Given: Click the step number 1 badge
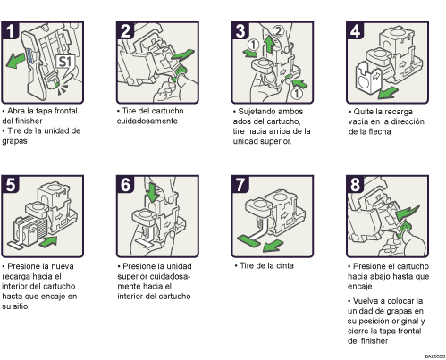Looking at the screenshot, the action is [10, 30].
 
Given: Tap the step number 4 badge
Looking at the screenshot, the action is [355, 30].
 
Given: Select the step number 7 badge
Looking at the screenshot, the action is [240, 185].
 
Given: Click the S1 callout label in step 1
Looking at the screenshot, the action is [65, 62].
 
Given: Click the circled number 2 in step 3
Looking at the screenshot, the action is [278, 31].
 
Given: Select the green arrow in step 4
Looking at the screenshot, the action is [388, 93].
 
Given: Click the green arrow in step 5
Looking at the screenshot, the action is [48, 241].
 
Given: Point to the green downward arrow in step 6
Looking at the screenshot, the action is [153, 192].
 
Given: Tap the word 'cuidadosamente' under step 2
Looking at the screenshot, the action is [147, 121].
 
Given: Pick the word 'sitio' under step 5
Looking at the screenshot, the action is [20, 306].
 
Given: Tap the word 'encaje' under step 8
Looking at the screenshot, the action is [359, 286].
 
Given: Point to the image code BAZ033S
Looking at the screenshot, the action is [435, 356].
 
